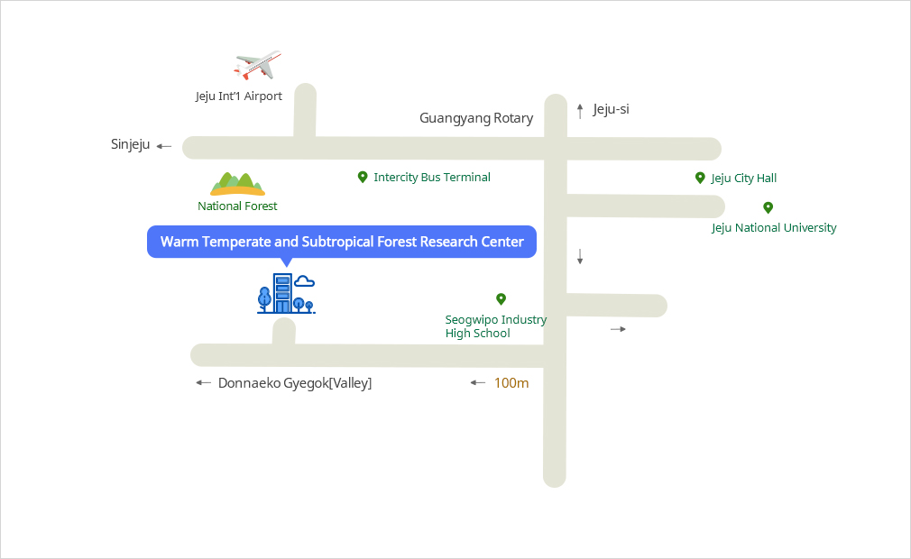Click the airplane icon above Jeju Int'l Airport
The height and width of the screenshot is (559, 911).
point(257,65)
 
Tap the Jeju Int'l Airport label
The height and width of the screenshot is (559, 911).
point(239,96)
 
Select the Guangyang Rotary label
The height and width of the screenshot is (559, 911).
point(476,118)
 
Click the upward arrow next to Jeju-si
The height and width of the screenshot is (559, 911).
point(580,111)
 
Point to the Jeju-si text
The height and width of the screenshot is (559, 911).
point(611,109)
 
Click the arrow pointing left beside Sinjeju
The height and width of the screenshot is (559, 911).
point(163,146)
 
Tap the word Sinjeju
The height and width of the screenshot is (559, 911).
point(130,144)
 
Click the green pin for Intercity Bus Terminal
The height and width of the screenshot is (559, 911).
point(363,177)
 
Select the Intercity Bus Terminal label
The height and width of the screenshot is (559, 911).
point(432,178)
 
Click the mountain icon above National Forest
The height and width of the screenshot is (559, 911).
point(237,184)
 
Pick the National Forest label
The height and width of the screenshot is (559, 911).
point(237,206)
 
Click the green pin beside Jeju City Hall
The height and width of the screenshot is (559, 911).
point(700,178)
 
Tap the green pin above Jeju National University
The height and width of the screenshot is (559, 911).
point(768,207)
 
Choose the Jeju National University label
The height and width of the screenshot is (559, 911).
point(774,227)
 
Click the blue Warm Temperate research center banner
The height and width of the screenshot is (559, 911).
point(342,242)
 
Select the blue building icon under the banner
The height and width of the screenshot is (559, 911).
point(285,294)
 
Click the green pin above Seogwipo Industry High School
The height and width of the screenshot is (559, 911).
point(501,298)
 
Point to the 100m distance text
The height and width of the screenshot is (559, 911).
point(511,383)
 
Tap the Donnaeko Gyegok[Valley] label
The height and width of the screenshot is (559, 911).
point(295,383)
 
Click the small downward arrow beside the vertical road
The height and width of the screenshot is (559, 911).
point(580,256)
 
